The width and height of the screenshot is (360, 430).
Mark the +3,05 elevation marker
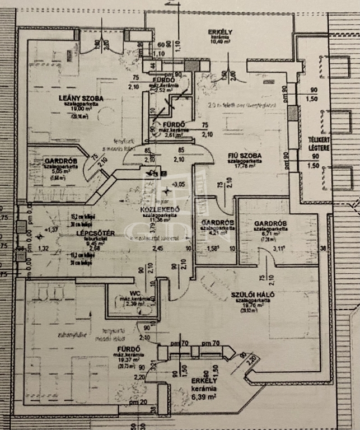[x=179, y=184]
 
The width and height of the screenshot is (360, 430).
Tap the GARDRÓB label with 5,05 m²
[x=60, y=161]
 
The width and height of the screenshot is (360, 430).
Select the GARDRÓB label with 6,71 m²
[x=270, y=222]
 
